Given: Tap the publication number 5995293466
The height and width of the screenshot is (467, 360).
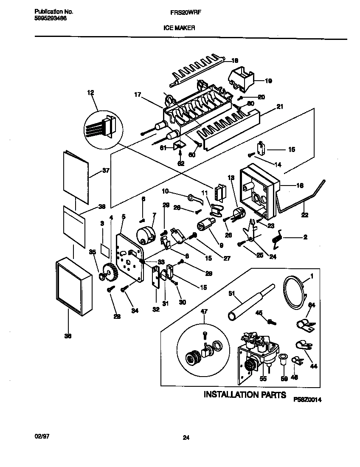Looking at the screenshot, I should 50,19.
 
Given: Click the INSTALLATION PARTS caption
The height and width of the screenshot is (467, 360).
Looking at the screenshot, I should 245,395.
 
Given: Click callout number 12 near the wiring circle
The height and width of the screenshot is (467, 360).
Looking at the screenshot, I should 90,92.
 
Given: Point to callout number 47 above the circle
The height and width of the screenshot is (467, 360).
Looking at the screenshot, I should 204,312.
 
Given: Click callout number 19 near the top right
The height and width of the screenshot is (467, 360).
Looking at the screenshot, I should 268,80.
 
